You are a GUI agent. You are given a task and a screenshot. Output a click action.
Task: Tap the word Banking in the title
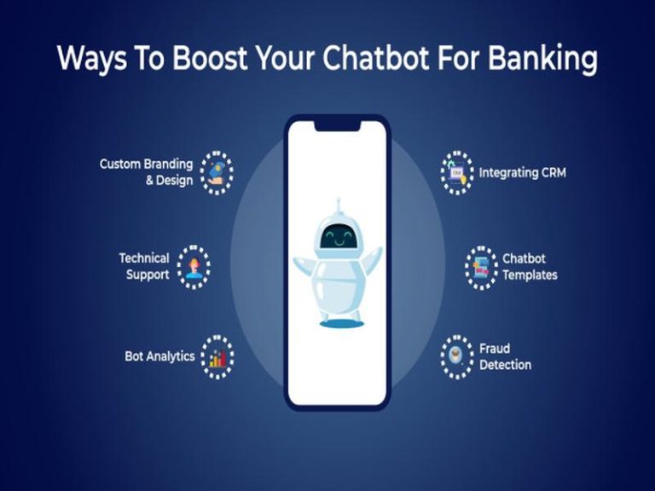pos(542,59)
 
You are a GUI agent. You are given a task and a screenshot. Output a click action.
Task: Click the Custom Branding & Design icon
pos(217,172)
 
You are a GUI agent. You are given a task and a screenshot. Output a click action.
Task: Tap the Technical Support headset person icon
pos(194,267)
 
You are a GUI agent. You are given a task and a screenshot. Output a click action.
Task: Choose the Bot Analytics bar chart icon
pos(217,357)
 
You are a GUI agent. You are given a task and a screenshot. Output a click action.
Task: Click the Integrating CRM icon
pos(457,172)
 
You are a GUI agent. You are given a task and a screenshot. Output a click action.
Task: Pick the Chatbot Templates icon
pos(482,268)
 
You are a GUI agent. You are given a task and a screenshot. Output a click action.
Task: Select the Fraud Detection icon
pos(457,357)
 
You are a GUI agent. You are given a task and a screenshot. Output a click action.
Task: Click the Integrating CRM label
pos(523,172)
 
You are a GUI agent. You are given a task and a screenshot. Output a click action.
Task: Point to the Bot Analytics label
pos(159,356)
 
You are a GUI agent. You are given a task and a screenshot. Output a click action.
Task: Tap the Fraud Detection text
pos(505,356)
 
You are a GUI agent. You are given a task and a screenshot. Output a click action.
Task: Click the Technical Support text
pos(144,266)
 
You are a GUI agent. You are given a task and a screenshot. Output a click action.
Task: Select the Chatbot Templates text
pos(530,267)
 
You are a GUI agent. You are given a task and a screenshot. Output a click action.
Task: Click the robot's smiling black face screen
pos(339,236)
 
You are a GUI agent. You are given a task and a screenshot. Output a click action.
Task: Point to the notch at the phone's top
pos(337,126)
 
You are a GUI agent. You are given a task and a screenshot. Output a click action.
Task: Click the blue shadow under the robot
pos(342,324)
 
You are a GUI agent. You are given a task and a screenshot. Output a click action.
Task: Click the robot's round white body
pos(339,287)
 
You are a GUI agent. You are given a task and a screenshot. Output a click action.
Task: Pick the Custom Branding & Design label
pos(146,172)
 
